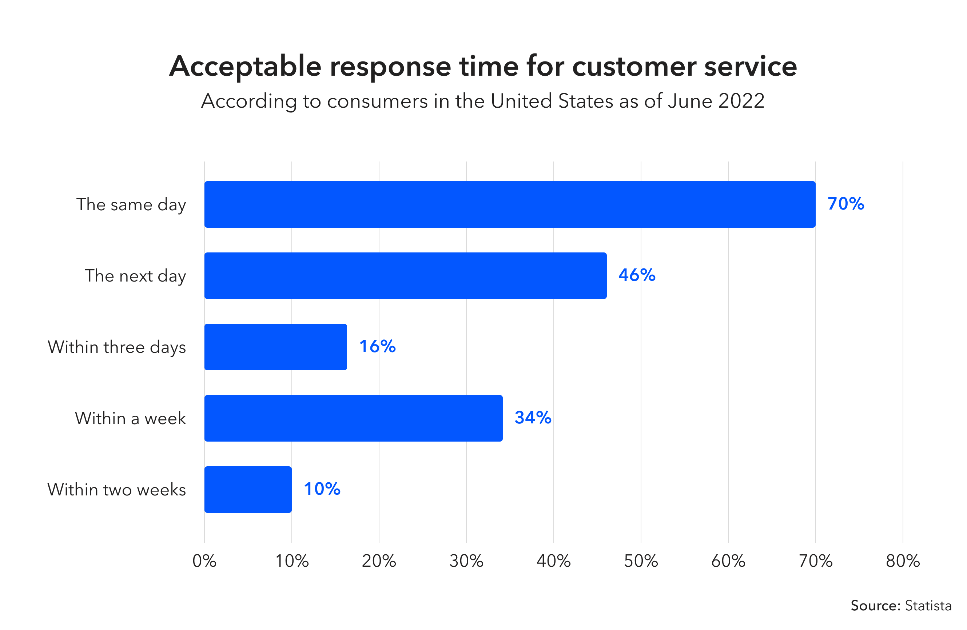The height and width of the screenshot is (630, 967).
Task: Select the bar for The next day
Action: click(x=406, y=276)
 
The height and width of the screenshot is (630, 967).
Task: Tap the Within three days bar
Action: click(x=275, y=347)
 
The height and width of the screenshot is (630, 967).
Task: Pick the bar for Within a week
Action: click(x=354, y=418)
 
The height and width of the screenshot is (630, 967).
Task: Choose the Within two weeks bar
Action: click(x=248, y=490)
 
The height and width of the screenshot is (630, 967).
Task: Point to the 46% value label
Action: click(x=637, y=275)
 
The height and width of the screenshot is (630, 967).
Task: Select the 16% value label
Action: click(x=377, y=347)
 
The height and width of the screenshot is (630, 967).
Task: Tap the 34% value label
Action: click(x=533, y=418)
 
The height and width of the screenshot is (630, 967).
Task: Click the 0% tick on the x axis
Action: click(x=204, y=561)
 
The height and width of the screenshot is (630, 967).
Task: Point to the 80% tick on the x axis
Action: click(x=903, y=561)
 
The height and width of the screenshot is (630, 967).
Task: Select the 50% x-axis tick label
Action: click(x=641, y=561)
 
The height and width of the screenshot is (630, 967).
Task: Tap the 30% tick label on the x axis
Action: click(x=466, y=561)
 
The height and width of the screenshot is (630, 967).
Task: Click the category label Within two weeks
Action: click(x=117, y=490)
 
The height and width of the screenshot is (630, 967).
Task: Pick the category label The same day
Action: click(x=131, y=205)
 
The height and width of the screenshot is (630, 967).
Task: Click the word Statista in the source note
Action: click(x=928, y=606)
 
